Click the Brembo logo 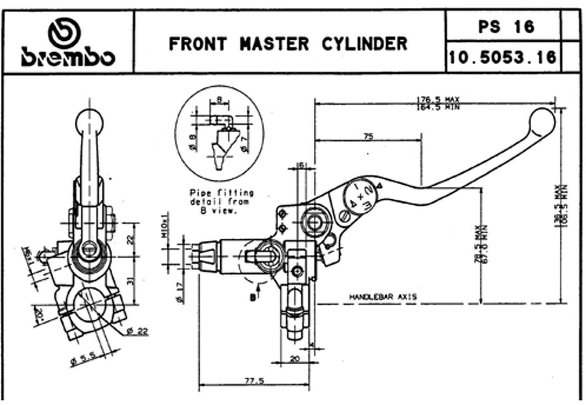coord(68,43)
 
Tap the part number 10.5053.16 coord(503,57)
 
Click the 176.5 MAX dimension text coord(437,99)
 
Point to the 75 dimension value coord(368,136)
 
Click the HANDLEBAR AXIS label coord(383,297)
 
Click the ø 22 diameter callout coord(137,331)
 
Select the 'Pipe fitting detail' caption coord(221,202)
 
